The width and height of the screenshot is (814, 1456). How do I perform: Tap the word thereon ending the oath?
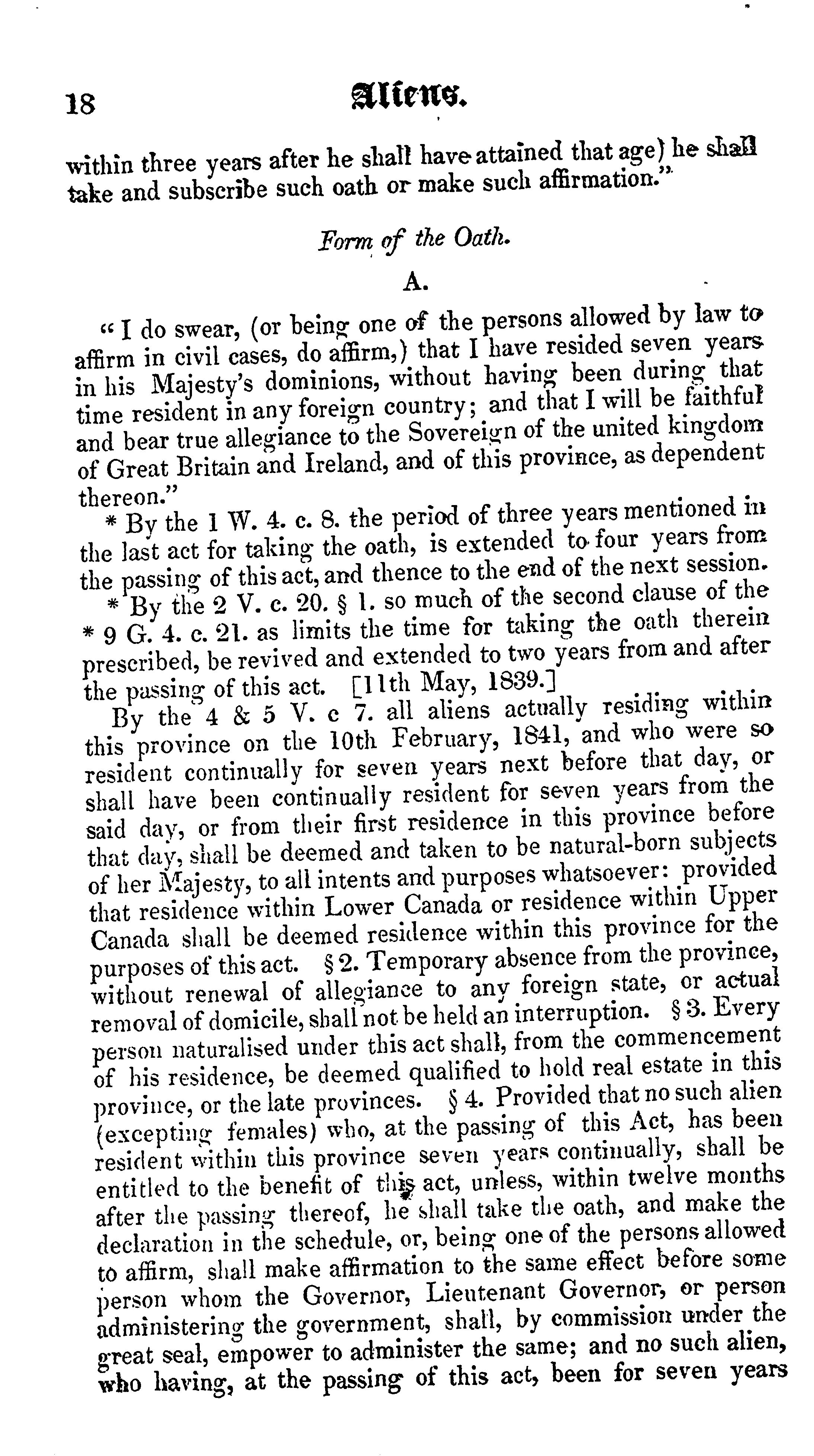(127, 496)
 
